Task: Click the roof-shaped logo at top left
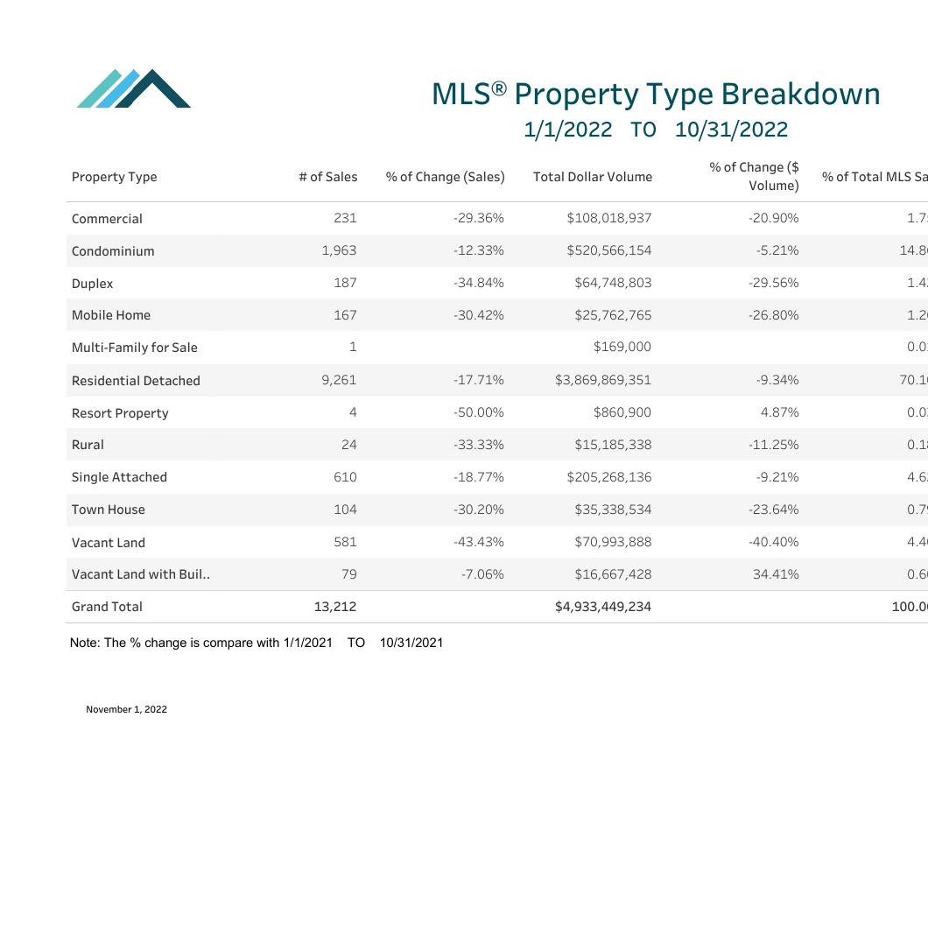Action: (x=134, y=88)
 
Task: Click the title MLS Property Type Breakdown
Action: (x=656, y=94)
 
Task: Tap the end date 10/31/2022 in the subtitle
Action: (x=731, y=130)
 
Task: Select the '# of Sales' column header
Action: (x=327, y=177)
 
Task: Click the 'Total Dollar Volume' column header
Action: (x=592, y=177)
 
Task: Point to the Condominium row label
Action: (x=113, y=251)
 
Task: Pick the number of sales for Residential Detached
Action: (x=339, y=380)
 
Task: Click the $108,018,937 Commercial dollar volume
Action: (x=608, y=218)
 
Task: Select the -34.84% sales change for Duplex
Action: (x=478, y=283)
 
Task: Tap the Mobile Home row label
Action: (x=111, y=315)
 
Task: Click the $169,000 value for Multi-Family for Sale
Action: (x=622, y=347)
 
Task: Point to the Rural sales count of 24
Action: (x=348, y=445)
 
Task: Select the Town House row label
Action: (x=109, y=510)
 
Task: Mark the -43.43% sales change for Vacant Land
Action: (x=478, y=542)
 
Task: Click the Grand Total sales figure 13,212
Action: (x=334, y=607)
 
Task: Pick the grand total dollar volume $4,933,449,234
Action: (x=602, y=607)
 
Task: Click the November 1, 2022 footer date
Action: (x=126, y=709)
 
